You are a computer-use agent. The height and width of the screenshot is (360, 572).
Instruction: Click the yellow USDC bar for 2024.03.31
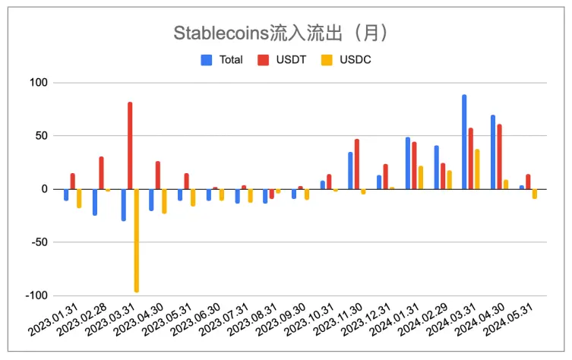[477, 169]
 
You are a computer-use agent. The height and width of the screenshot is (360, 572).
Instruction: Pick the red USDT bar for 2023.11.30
[357, 164]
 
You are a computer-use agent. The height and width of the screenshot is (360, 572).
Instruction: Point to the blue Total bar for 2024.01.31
[407, 163]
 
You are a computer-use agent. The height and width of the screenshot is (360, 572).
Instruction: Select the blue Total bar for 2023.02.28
[95, 202]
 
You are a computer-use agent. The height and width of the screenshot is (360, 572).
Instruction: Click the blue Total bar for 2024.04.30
[492, 152]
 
